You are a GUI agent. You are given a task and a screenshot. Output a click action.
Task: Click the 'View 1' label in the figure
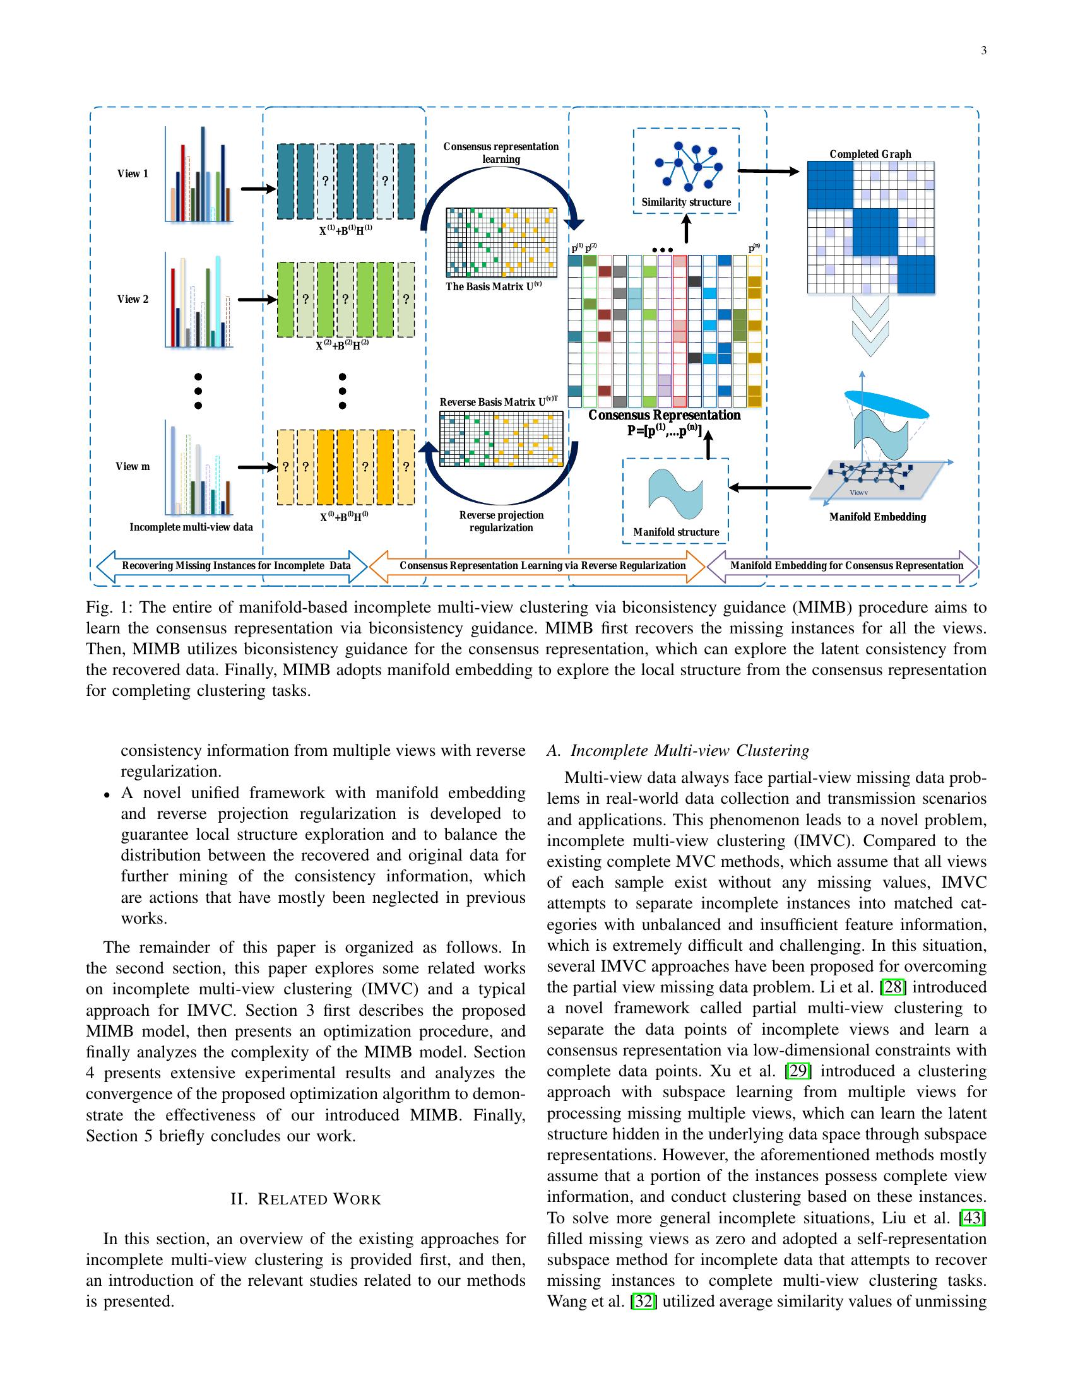point(132,173)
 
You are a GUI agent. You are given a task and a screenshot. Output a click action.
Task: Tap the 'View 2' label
point(132,298)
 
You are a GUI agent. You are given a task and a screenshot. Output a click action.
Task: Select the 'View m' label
point(132,466)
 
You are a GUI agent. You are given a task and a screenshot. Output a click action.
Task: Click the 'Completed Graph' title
point(870,154)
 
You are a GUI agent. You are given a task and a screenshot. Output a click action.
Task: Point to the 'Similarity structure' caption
point(686,202)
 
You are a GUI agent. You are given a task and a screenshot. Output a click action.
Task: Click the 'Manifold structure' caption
point(676,532)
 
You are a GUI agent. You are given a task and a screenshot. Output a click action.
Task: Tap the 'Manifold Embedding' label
point(877,517)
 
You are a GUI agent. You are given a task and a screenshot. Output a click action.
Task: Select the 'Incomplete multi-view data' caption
point(191,527)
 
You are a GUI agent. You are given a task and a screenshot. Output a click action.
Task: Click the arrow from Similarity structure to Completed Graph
point(768,171)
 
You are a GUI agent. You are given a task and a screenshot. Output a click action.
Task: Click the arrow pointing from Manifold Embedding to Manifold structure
point(770,488)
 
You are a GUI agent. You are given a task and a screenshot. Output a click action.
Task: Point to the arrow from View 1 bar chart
point(258,189)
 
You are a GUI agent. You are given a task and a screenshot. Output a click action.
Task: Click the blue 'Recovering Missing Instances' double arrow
point(232,566)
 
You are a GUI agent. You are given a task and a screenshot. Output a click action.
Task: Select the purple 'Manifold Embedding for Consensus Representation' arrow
point(843,566)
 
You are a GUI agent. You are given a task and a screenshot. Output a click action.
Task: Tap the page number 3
point(983,51)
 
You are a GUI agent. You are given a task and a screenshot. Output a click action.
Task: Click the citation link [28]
point(892,987)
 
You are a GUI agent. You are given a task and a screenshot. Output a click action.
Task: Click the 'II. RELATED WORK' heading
point(305,1199)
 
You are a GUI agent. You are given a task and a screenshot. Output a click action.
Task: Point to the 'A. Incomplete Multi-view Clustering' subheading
point(678,751)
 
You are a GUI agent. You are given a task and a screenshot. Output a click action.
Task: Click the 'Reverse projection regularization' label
point(501,521)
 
